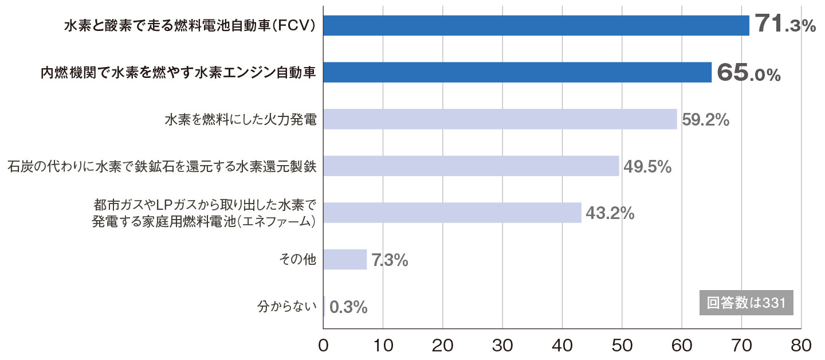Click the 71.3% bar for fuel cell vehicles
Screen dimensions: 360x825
(536, 25)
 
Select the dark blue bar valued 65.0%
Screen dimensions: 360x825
(517, 72)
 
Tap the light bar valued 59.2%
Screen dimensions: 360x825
(500, 119)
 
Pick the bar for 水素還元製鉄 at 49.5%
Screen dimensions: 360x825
(471, 166)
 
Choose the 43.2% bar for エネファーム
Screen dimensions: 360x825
(452, 213)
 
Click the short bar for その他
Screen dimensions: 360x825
(345, 260)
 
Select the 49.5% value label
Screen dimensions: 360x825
(647, 167)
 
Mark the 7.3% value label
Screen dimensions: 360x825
(390, 260)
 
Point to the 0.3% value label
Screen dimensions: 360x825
(348, 307)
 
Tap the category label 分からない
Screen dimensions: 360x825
(287, 307)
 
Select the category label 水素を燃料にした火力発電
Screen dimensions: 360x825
(241, 120)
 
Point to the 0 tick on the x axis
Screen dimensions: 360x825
(323, 346)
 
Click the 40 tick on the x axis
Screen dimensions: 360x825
(562, 346)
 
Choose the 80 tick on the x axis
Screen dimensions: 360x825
(801, 346)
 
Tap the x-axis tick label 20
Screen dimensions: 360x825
(442, 346)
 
